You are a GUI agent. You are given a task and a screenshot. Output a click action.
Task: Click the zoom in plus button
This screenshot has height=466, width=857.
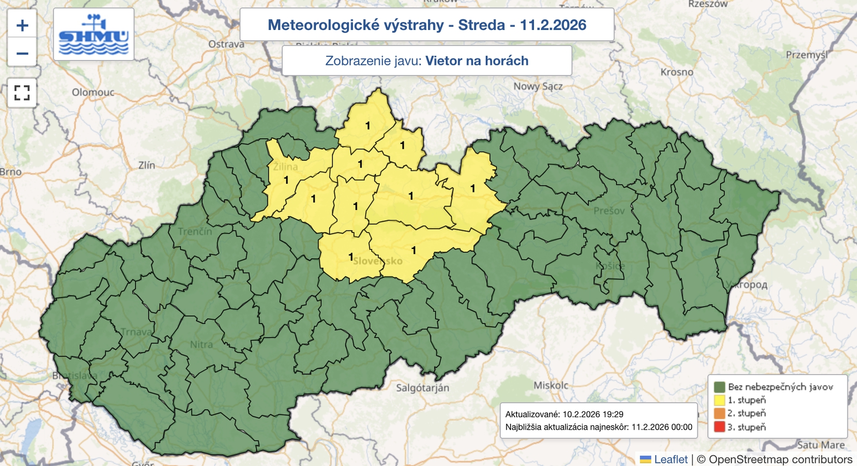tap(22, 25)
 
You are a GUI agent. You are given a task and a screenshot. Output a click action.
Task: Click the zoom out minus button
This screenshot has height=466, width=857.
tap(22, 53)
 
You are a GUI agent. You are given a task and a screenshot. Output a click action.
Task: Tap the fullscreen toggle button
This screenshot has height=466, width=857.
tap(22, 93)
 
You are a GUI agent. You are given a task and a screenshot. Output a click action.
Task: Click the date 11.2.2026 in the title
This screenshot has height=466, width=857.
tap(553, 25)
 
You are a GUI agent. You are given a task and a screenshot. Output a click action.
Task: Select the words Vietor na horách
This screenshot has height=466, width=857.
tap(477, 61)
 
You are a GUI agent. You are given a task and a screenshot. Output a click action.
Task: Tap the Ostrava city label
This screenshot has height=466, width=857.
tap(226, 44)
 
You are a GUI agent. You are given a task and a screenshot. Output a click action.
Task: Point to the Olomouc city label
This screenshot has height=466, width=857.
tap(93, 92)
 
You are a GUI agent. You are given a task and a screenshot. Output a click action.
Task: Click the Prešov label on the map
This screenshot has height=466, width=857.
tap(609, 211)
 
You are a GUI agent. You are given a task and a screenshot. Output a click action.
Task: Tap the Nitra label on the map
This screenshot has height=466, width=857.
tap(201, 344)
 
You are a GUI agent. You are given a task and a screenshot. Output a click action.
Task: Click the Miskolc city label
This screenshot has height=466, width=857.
tap(551, 385)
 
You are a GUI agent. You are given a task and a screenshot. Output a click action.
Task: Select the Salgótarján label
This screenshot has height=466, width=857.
tap(423, 387)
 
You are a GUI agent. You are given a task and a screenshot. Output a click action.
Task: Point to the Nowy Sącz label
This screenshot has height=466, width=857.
tap(538, 86)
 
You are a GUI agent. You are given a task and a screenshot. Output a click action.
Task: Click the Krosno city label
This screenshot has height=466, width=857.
tap(676, 72)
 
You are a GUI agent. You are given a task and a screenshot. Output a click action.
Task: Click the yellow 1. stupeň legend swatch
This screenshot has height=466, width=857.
tap(719, 400)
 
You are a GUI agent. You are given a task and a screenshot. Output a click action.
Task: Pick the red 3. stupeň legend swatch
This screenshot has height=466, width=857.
tap(719, 427)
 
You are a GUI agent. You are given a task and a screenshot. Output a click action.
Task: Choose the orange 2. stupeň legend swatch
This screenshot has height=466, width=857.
tap(719, 414)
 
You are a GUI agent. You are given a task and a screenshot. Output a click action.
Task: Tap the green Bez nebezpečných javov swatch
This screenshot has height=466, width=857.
tap(719, 387)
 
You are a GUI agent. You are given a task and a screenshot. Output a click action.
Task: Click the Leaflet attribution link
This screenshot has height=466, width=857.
tap(671, 459)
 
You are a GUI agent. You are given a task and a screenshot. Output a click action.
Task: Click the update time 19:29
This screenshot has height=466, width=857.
tap(613, 414)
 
